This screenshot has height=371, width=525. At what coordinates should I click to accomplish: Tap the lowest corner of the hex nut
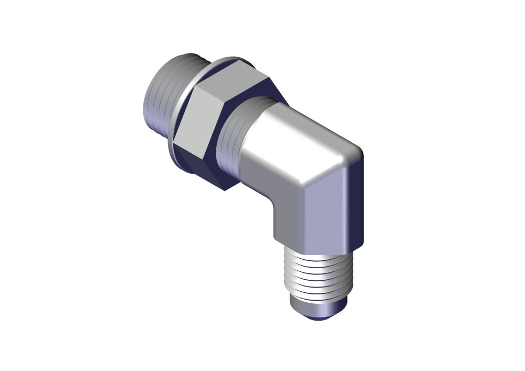pyautogui.click(x=225, y=190)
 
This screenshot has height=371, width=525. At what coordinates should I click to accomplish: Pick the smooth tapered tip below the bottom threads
pyautogui.click(x=318, y=307)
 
